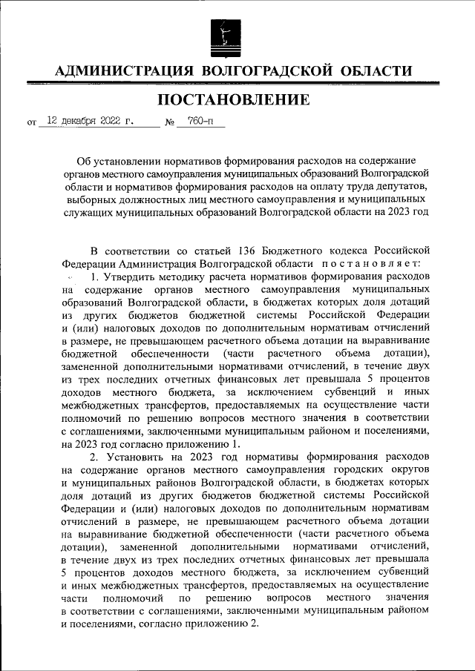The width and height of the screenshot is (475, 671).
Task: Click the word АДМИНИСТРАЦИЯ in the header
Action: (122, 71)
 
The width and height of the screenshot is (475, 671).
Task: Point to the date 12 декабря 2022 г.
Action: (90, 120)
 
